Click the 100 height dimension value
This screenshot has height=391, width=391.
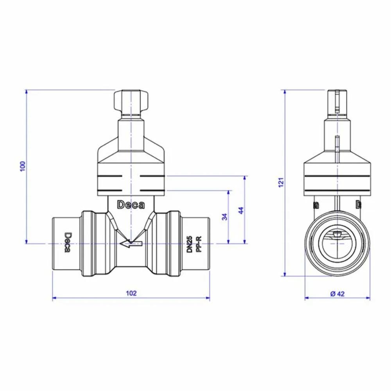[23, 166]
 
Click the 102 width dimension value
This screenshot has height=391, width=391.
[132, 293]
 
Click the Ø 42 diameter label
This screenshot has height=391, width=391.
[337, 293]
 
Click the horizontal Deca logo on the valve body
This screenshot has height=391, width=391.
[131, 204]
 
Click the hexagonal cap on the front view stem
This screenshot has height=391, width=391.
[131, 100]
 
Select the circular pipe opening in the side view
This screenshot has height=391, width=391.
[337, 244]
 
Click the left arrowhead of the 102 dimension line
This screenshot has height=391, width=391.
[55, 298]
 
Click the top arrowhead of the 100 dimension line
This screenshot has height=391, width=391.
[26, 92]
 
